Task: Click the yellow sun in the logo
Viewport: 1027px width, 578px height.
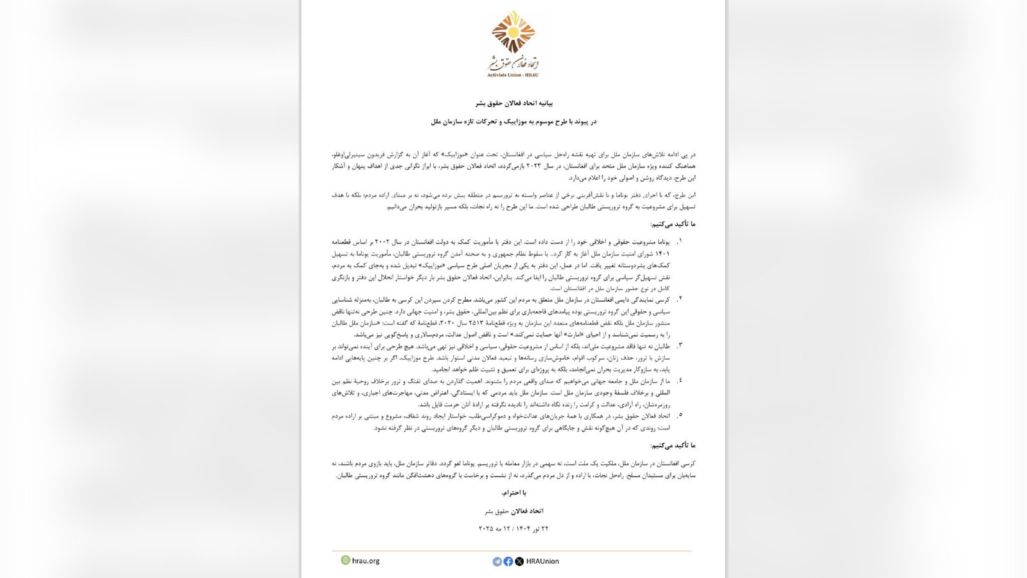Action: coord(513,31)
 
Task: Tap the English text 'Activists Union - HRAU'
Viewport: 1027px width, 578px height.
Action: coord(513,75)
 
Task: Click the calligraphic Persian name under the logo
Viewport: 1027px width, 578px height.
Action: coord(513,63)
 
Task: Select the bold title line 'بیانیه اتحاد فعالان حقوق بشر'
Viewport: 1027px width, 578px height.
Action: coord(513,103)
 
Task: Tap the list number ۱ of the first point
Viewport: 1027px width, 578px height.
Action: coord(679,241)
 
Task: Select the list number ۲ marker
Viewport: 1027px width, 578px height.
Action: coord(679,299)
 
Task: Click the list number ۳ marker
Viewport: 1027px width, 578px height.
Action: coord(679,346)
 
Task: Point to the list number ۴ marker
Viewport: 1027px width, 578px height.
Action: coord(679,380)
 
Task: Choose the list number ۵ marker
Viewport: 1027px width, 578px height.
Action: coord(679,416)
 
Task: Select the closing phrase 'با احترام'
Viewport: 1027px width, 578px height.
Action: coord(513,493)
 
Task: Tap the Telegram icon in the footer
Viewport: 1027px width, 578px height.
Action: coord(497,561)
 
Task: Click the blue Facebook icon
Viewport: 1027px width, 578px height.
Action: coord(508,561)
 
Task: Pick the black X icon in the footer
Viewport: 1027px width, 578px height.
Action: coord(519,561)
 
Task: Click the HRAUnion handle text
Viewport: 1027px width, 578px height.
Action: coord(542,561)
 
